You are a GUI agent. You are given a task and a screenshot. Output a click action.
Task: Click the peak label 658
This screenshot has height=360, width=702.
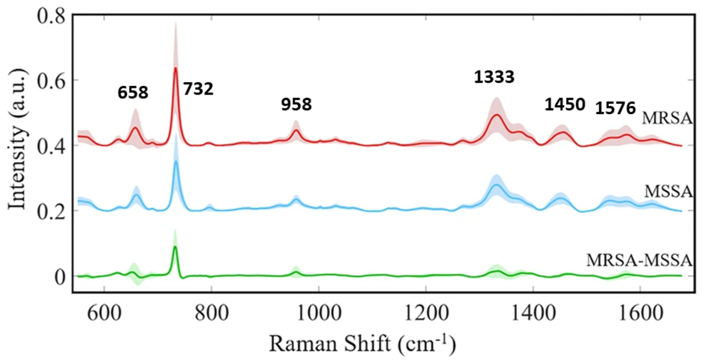tap(133, 93)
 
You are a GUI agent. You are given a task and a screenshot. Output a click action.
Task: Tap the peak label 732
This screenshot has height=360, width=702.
tap(198, 89)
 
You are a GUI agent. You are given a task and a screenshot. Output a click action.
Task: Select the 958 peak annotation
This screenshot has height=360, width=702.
tap(296, 105)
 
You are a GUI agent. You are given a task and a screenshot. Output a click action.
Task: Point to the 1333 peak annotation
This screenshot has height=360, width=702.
tap(494, 77)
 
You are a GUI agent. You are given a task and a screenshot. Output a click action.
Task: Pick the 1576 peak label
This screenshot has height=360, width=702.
tap(615, 108)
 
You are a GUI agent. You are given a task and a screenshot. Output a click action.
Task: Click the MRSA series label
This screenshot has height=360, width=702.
tap(667, 119)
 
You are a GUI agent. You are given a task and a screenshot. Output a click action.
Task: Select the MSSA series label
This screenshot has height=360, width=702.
tap(668, 192)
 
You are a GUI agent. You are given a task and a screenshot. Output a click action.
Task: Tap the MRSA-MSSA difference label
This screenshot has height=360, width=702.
tap(639, 261)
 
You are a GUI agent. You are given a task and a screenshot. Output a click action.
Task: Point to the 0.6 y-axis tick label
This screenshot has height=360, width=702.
tap(51, 81)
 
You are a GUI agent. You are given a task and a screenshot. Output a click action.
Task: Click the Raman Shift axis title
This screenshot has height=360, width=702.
tap(362, 344)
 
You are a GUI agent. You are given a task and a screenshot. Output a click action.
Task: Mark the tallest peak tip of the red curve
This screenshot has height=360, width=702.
tap(175, 68)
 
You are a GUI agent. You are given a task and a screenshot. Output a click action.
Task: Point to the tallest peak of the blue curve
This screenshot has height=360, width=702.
tap(176, 161)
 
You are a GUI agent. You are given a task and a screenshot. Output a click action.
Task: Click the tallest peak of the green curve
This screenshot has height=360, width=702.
tap(175, 247)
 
